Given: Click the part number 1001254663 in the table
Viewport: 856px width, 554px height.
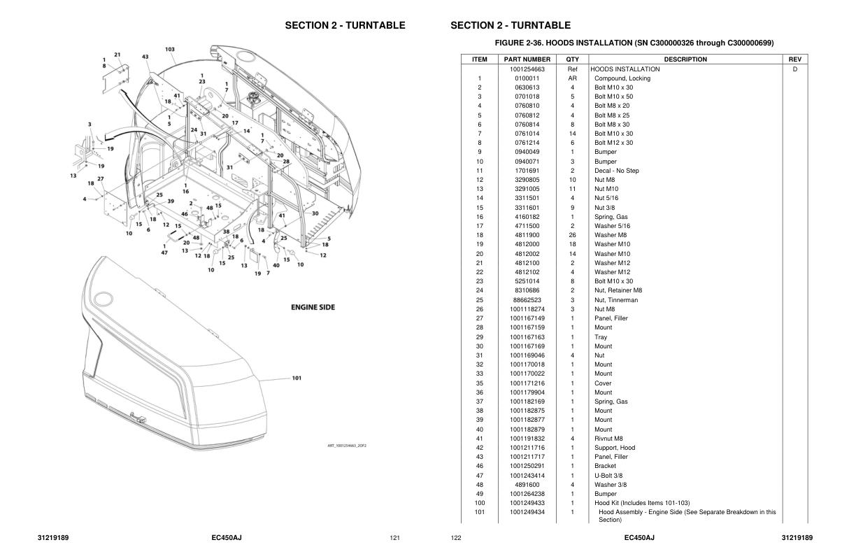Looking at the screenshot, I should click(x=532, y=69).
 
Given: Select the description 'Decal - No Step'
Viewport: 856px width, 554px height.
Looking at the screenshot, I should click(x=616, y=171).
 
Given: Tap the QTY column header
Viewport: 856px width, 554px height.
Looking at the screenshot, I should click(x=572, y=59).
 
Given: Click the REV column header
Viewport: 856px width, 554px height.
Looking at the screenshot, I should click(x=794, y=59).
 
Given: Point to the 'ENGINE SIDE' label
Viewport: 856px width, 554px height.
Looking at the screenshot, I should click(x=313, y=307).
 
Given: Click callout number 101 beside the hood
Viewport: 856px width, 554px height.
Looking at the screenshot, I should click(x=297, y=378).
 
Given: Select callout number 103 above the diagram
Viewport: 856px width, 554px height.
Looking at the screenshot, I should click(x=170, y=49).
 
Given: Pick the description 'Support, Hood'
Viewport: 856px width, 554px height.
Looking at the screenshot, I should click(x=615, y=448).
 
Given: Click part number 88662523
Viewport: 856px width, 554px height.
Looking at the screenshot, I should click(x=532, y=300).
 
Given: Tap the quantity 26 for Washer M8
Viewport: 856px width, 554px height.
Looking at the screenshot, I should click(x=572, y=235).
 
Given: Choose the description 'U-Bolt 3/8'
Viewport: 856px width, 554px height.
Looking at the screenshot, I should click(x=611, y=476).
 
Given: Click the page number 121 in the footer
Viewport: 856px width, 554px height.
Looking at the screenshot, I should click(x=394, y=538).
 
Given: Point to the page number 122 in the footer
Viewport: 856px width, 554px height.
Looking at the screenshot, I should click(x=456, y=538).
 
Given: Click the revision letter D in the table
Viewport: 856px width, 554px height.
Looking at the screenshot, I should click(x=794, y=69).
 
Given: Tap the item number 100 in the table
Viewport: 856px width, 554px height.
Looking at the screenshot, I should click(x=479, y=503).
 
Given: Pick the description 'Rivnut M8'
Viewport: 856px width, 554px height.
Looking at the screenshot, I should click(x=609, y=439).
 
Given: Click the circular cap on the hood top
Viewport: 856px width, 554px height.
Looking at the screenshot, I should click(x=104, y=299).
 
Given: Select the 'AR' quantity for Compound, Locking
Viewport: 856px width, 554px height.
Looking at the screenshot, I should click(x=572, y=78).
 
